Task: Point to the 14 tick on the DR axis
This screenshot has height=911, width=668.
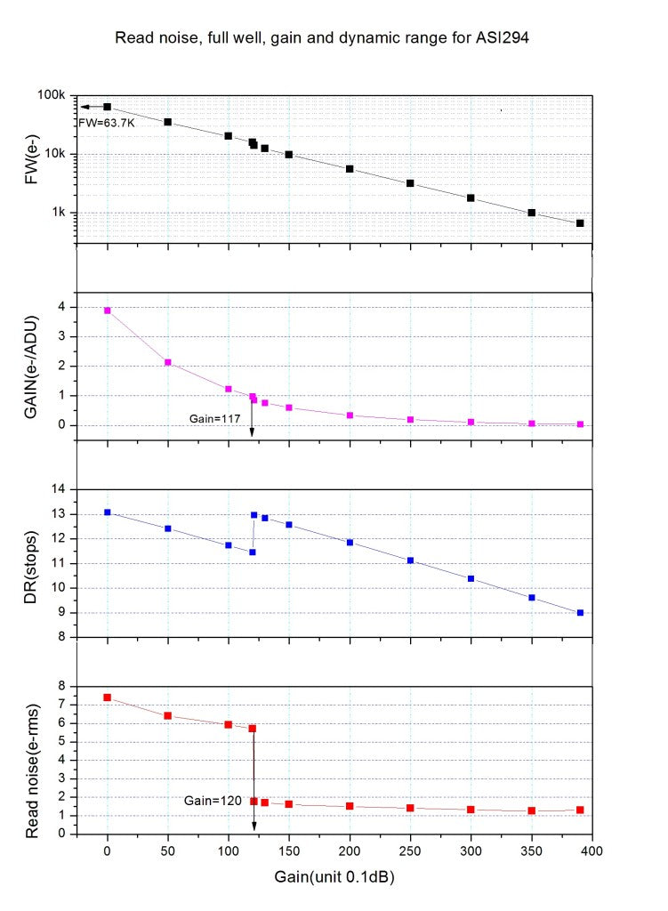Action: (61, 489)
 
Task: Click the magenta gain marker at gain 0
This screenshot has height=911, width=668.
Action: (108, 310)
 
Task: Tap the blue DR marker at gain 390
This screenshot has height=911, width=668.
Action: (580, 612)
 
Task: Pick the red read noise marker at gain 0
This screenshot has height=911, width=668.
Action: (108, 697)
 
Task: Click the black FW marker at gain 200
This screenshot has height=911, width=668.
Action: (350, 169)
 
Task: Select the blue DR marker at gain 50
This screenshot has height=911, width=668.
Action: (167, 528)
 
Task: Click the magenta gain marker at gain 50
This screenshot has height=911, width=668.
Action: (167, 362)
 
